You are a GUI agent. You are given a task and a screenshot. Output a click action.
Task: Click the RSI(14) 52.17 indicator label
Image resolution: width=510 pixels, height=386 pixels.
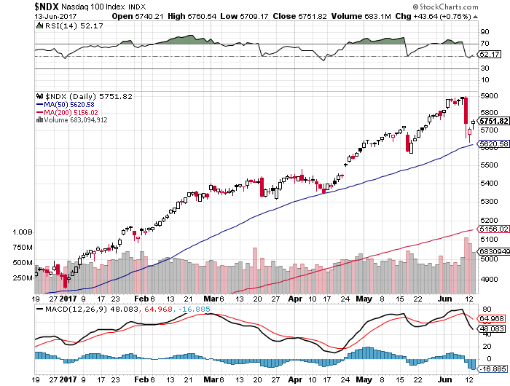(63, 25)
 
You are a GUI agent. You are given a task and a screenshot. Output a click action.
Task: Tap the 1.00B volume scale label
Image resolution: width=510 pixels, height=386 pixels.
(23, 232)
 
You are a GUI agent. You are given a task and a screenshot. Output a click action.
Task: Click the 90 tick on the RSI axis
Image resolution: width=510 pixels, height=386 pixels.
(483, 32)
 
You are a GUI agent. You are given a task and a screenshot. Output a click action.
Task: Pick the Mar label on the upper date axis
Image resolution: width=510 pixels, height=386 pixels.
(212, 298)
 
